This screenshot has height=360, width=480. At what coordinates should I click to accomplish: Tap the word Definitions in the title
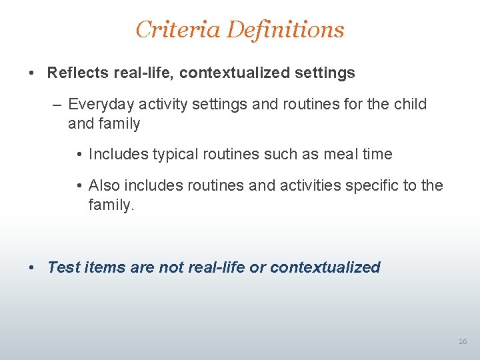point(285,29)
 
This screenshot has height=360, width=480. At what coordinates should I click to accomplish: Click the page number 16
point(463,341)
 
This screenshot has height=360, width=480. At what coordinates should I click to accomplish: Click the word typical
point(176,155)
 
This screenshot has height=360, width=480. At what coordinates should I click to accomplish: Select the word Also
point(103,185)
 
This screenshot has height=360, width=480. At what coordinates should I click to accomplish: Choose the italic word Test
point(64,267)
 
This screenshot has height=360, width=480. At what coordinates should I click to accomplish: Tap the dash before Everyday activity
point(58,105)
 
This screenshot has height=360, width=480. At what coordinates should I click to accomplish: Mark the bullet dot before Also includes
point(79,185)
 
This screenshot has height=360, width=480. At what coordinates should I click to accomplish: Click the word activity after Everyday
point(159,105)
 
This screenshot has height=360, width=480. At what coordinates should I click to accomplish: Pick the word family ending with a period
point(111,206)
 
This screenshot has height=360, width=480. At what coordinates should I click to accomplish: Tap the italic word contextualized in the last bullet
point(325,267)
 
